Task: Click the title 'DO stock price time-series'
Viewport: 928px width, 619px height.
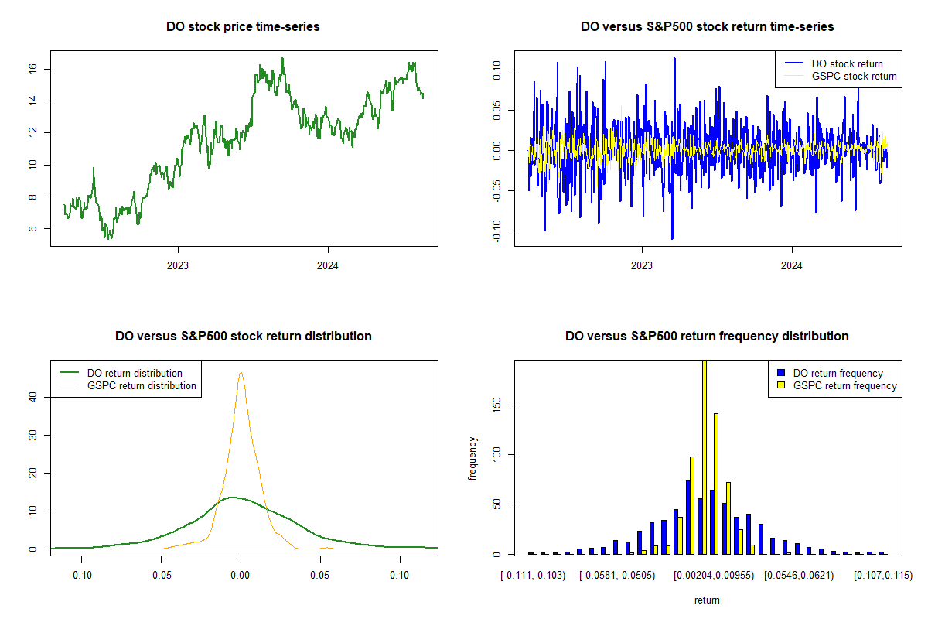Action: [243, 27]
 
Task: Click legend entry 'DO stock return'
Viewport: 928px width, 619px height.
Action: [847, 63]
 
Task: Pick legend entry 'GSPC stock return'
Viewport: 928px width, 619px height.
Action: [854, 76]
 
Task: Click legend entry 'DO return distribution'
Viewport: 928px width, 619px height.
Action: [135, 373]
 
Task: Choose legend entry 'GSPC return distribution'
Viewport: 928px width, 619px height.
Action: [142, 385]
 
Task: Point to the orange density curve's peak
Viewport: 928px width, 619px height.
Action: [241, 373]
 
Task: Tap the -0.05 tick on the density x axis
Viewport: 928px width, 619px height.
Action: [161, 575]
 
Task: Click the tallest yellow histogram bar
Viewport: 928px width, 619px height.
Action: [705, 457]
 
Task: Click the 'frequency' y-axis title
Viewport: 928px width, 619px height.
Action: [473, 457]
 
